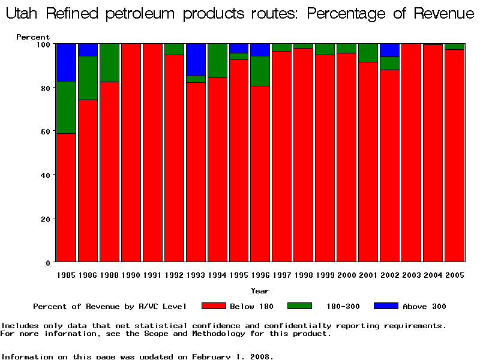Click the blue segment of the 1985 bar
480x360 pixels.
pyautogui.click(x=66, y=62)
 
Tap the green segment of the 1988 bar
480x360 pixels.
pyautogui.click(x=109, y=62)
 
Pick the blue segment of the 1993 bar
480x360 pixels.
pyautogui.click(x=196, y=59)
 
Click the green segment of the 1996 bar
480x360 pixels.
pyautogui.click(x=260, y=71)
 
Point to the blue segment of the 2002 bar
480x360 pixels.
pyautogui.click(x=390, y=50)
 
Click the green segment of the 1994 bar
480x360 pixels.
pyautogui.click(x=217, y=61)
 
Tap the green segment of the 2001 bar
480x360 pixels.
pyautogui.click(x=368, y=53)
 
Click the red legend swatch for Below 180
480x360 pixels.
pyautogui.click(x=213, y=306)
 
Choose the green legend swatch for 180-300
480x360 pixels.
pyautogui.click(x=299, y=306)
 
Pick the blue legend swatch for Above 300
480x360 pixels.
pyautogui.click(x=386, y=306)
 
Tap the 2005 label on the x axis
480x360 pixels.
pyautogui.click(x=455, y=275)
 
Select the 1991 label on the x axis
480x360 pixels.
pyautogui.click(x=152, y=275)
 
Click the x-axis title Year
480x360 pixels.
pyautogui.click(x=260, y=291)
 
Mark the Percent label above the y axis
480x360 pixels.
pyautogui.click(x=33, y=37)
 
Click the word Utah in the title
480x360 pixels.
pyautogui.click(x=23, y=14)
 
